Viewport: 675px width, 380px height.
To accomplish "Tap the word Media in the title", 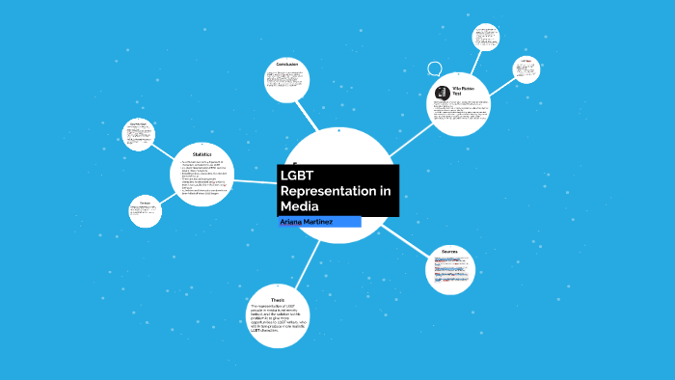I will click(x=299, y=206).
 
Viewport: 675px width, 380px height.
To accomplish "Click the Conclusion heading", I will click(x=287, y=65).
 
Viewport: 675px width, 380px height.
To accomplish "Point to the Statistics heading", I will click(x=202, y=154).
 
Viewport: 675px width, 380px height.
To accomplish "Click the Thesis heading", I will click(x=279, y=299).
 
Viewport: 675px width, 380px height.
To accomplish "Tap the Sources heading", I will click(x=449, y=251).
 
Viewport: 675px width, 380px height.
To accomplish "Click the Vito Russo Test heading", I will click(x=464, y=91).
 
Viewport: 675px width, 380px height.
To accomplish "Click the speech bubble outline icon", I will click(x=435, y=68).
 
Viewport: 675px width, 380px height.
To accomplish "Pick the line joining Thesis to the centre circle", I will click(x=308, y=260).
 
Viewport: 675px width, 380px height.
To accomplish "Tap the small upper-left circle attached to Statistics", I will click(x=140, y=134).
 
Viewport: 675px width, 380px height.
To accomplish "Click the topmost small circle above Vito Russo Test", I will click(x=485, y=38).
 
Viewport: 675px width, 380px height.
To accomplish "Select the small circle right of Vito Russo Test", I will click(x=526, y=69).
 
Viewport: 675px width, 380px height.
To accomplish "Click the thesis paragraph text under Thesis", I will click(x=278, y=319).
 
